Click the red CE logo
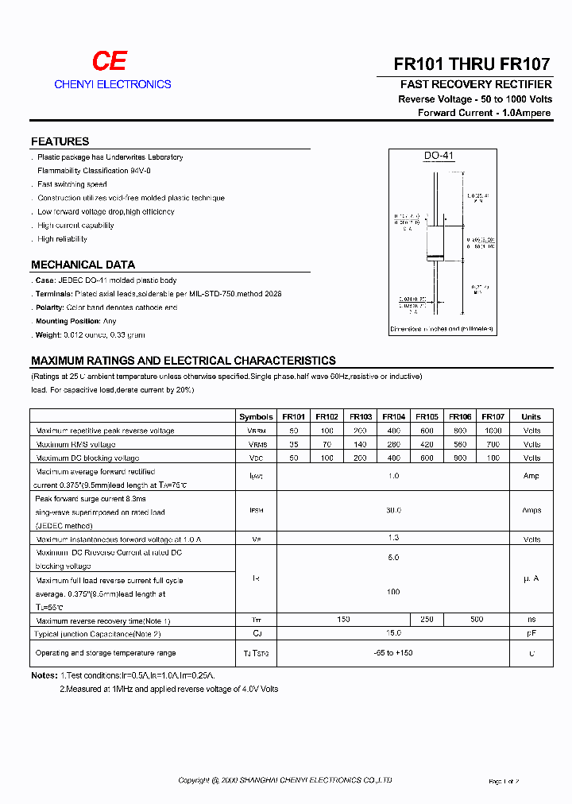[109, 62]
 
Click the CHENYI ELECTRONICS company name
[113, 84]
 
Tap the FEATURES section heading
[60, 141]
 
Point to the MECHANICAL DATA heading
[83, 265]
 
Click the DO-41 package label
[439, 157]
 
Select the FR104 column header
[393, 416]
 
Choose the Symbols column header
[256, 416]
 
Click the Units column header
[531, 416]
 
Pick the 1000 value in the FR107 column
[493, 430]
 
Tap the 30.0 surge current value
[393, 510]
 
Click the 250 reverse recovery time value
[427, 619]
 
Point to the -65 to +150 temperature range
[393, 652]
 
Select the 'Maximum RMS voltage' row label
[75, 444]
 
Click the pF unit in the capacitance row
[531, 633]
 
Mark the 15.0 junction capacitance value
[393, 633]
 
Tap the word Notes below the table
[44, 675]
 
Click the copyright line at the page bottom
[285, 781]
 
